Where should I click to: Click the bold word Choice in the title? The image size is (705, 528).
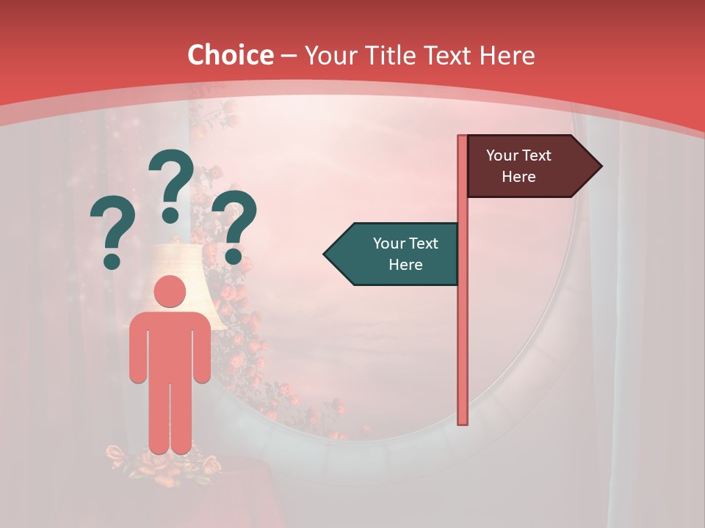click(x=230, y=55)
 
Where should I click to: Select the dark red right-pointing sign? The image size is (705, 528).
click(x=526, y=166)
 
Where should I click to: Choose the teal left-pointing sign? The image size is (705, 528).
click(x=397, y=254)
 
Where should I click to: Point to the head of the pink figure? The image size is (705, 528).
click(x=170, y=292)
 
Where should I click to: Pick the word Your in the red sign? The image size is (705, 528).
click(x=502, y=155)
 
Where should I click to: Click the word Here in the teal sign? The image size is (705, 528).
click(x=405, y=265)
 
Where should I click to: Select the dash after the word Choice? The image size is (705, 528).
click(x=289, y=56)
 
